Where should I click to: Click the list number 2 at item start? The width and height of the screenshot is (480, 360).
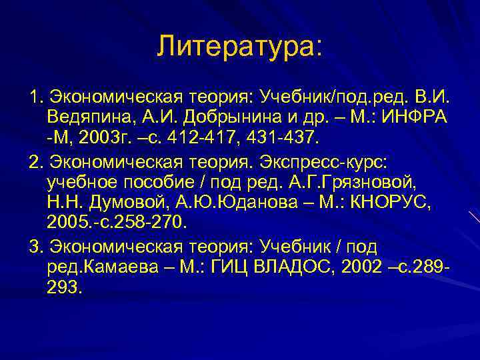pyautogui.click(x=33, y=163)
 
